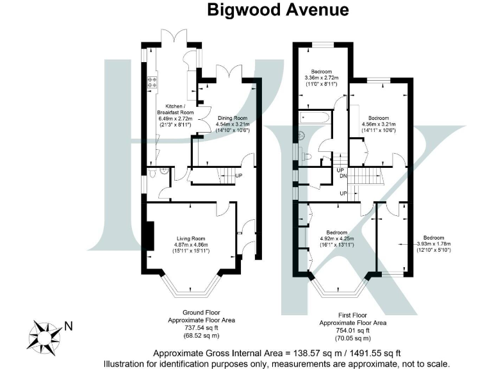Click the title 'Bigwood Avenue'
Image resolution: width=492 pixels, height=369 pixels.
click(277, 11)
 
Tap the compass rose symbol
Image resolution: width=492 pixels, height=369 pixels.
click(44, 334)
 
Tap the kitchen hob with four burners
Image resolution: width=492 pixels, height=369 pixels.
click(153, 81)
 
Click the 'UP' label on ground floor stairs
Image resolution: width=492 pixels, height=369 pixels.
click(238, 176)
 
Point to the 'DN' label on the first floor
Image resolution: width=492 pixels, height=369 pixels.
click(343, 177)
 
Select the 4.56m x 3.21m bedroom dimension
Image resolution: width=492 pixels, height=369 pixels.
click(378, 124)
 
